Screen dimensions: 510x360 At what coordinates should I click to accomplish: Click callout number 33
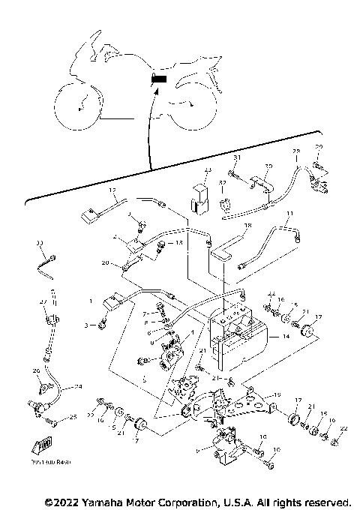(x=40, y=243)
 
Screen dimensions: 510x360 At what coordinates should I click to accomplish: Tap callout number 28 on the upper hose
(x=295, y=151)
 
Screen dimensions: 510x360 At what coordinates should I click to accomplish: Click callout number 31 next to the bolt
(x=235, y=157)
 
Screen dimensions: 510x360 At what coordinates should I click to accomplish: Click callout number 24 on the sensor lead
(x=77, y=388)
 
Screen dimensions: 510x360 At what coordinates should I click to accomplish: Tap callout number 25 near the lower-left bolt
(x=73, y=417)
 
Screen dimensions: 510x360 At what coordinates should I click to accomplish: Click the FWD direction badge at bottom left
(x=44, y=444)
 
